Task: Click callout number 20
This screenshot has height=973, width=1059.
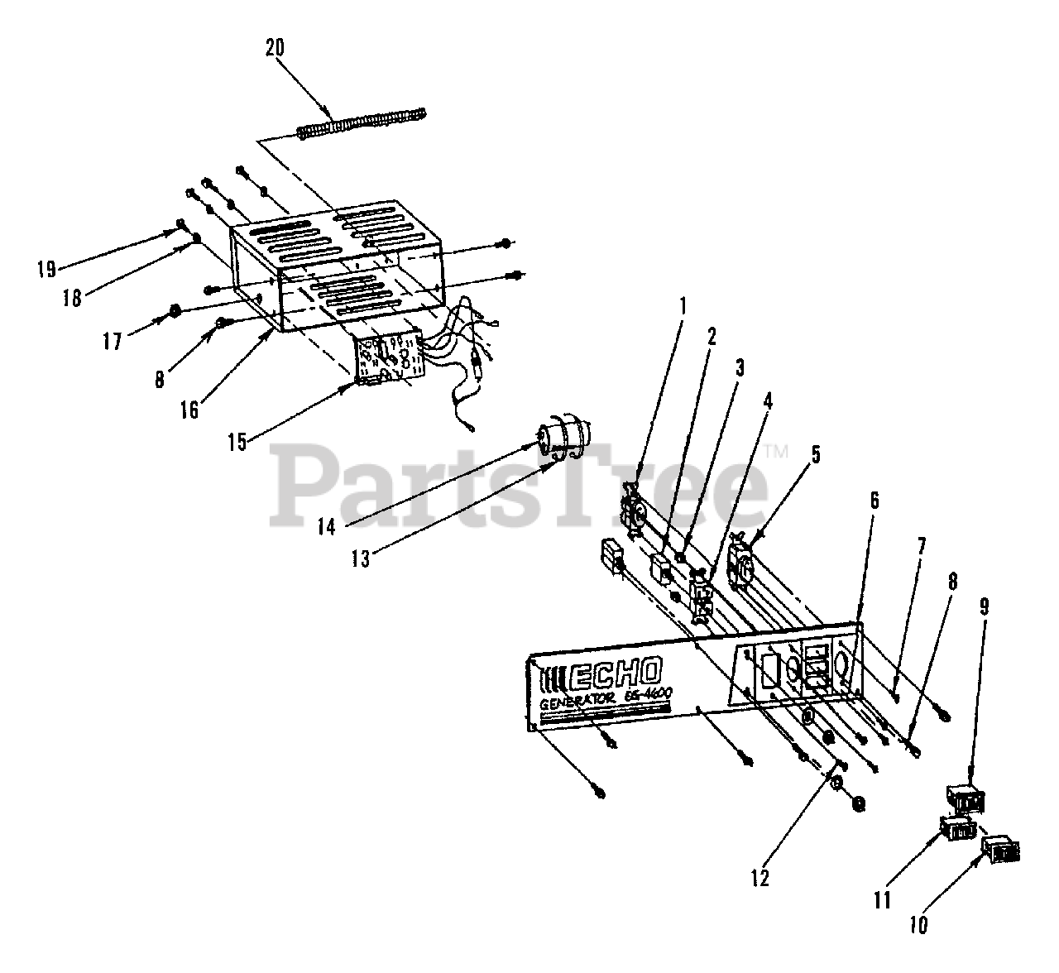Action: [275, 47]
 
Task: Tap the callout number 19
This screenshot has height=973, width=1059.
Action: [45, 268]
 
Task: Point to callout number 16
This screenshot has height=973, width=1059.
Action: [189, 409]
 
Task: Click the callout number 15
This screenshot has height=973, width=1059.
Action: [237, 442]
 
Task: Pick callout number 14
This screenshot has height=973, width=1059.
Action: [328, 525]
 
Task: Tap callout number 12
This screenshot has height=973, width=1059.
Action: [760, 878]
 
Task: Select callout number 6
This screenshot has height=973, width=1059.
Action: [875, 501]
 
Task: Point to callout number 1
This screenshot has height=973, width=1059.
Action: [683, 305]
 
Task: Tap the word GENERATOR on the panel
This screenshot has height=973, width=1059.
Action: [577, 702]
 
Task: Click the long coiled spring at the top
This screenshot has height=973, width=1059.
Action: [362, 122]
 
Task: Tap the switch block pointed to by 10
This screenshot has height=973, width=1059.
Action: [999, 849]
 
